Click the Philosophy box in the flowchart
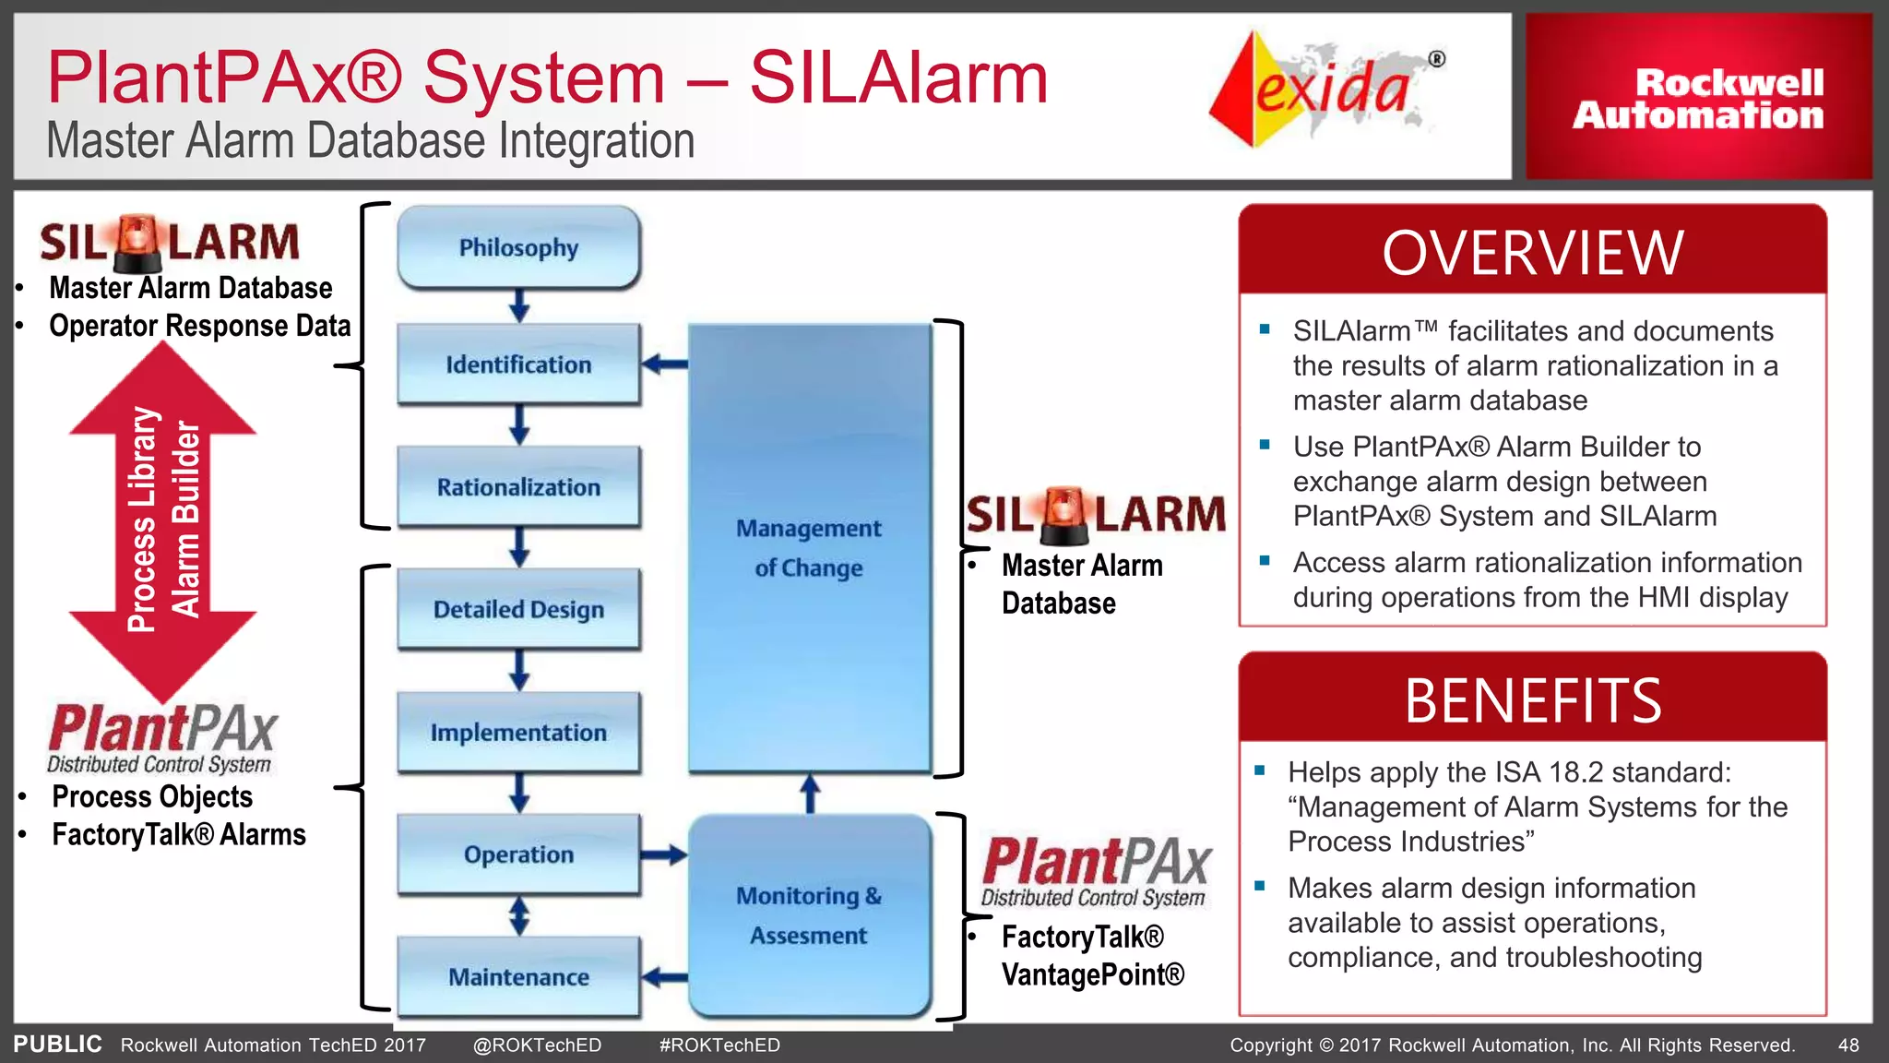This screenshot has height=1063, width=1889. point(518,247)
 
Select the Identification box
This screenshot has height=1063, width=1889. point(518,364)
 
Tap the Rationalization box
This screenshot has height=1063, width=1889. point(518,487)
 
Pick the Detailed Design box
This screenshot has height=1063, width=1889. point(518,609)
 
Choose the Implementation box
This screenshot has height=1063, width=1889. point(518,733)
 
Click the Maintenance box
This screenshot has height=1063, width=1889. point(518,977)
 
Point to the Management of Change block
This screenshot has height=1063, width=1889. point(809,548)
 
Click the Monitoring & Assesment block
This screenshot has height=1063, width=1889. point(809,915)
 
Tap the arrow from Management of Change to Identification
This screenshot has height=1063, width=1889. point(664,364)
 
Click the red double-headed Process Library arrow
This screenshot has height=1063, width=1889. point(163,521)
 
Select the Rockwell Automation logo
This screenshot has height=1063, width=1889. point(1698,98)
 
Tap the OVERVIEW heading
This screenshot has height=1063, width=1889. point(1532,253)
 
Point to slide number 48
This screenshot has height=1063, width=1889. point(1848,1045)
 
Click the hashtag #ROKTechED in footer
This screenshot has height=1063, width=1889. point(719,1045)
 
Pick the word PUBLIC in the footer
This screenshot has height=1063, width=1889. point(57,1045)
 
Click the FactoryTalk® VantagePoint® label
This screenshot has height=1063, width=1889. point(1092,956)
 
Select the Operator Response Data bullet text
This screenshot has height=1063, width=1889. point(199,326)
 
